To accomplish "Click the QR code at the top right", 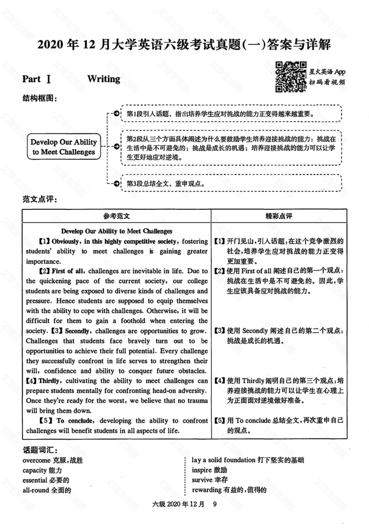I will coord(290,76).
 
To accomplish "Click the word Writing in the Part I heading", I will coord(104,79).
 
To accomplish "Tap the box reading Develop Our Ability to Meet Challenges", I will coord(64,147).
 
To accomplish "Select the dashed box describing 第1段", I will coord(231,114).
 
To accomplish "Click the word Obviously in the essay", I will coord(66,241).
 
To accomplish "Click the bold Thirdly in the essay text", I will coord(49,381).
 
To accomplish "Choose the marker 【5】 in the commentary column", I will coord(219,421).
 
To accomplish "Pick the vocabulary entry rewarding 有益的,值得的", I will coord(229,490).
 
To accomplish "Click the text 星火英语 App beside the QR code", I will coord(328,72).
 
